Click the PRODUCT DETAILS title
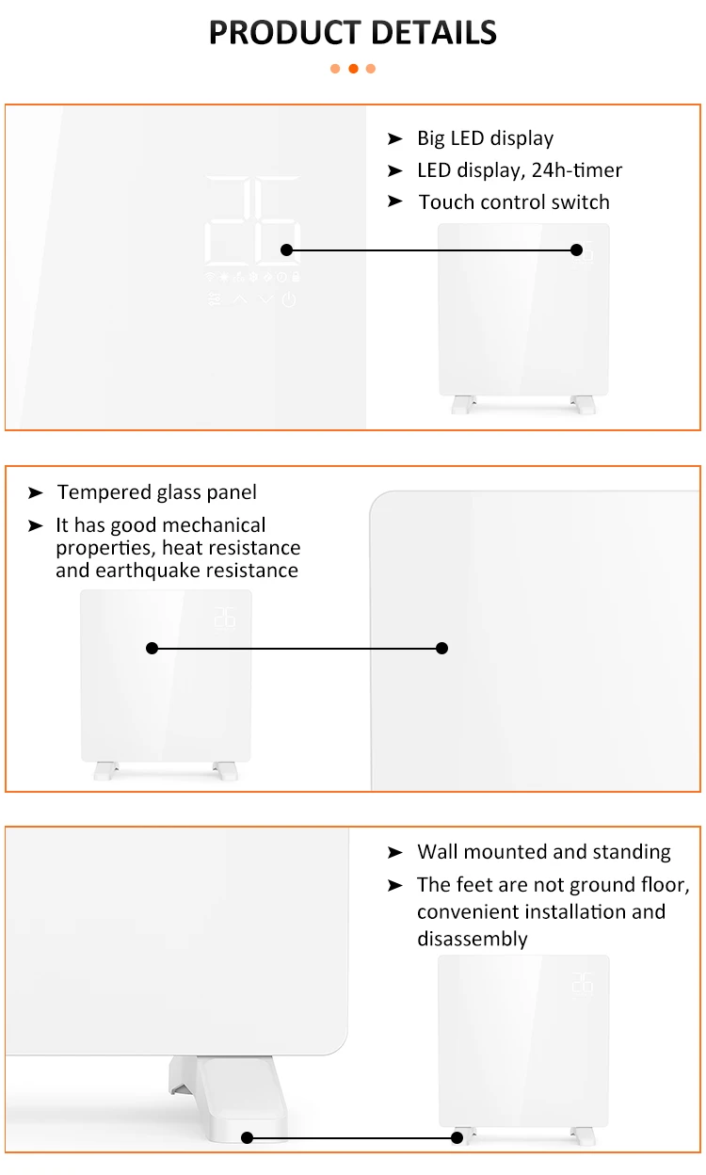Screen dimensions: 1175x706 tap(352, 33)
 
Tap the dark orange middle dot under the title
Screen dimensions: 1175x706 tap(353, 69)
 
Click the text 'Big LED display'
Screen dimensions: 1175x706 tap(485, 138)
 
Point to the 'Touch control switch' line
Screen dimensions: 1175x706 tap(514, 202)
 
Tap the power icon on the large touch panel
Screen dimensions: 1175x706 tap(289, 300)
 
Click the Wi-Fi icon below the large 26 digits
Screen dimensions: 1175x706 tap(211, 277)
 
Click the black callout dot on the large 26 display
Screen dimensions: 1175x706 tap(287, 249)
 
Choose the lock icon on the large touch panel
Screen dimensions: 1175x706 tap(296, 277)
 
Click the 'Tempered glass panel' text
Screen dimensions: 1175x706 tap(156, 492)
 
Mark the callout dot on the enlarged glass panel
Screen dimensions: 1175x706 tap(442, 648)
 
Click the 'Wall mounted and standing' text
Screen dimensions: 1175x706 tap(544, 852)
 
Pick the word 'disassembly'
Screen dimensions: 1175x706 tap(473, 939)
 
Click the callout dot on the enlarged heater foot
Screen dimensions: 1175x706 tap(248, 1137)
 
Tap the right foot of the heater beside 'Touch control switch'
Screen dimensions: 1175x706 tap(583, 404)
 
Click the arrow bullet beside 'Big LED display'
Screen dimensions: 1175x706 tap(395, 139)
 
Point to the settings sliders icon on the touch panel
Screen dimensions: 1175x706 tap(215, 300)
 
